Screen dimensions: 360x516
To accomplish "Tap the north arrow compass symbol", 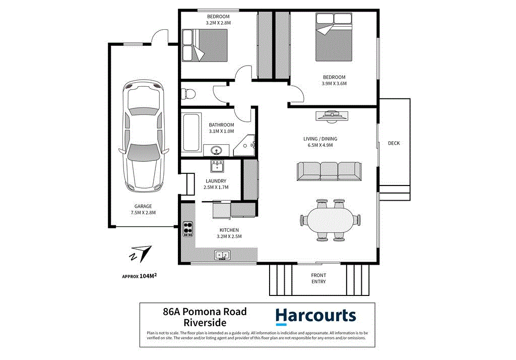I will pyautogui.click(x=141, y=254).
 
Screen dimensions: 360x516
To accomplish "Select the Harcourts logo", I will pyautogui.click(x=315, y=316).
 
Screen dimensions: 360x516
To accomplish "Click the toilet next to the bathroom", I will pyautogui.click(x=188, y=94).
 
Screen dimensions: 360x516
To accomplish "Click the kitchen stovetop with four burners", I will pyautogui.click(x=187, y=229).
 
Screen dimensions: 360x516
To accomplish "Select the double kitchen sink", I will pyautogui.click(x=222, y=255).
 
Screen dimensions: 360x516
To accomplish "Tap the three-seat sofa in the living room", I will pyautogui.click(x=330, y=171).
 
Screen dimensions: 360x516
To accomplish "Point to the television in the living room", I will pyautogui.click(x=331, y=116).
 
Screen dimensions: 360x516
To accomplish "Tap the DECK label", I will pyautogui.click(x=394, y=143).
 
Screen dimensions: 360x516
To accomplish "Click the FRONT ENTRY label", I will pyautogui.click(x=318, y=278).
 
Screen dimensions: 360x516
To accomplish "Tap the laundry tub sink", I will pyautogui.click(x=218, y=166).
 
